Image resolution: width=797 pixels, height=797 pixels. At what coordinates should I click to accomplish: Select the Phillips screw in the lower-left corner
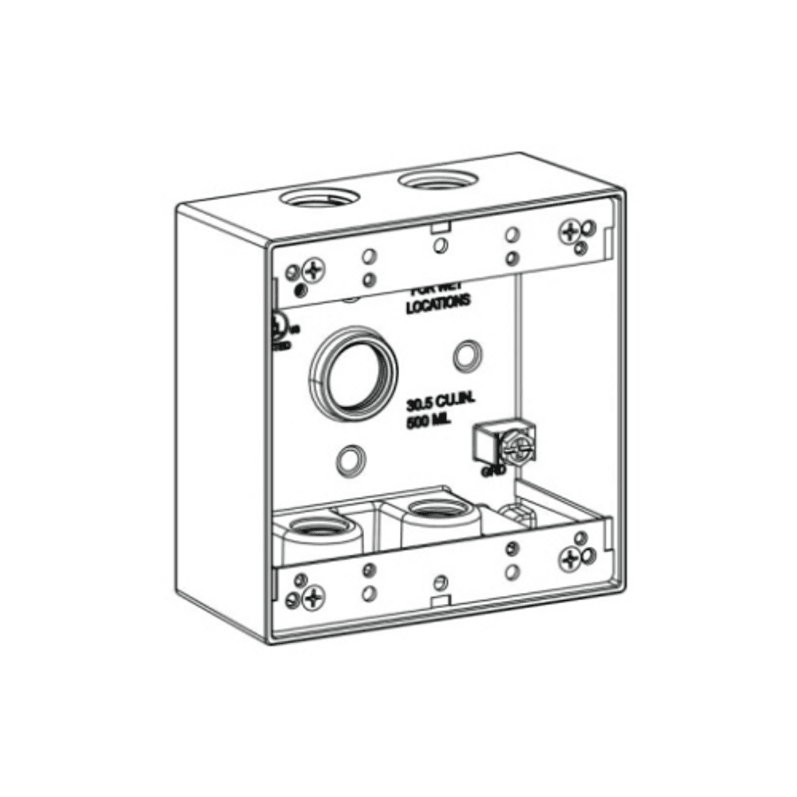pyautogui.click(x=314, y=598)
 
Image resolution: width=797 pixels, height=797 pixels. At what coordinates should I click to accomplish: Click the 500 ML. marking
pyautogui.click(x=430, y=422)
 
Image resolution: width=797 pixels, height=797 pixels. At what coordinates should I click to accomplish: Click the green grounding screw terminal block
pyautogui.click(x=504, y=444)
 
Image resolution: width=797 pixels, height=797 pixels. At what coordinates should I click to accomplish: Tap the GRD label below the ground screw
pyautogui.click(x=489, y=472)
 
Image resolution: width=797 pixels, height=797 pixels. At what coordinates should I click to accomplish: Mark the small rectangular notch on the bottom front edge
pyautogui.click(x=441, y=600)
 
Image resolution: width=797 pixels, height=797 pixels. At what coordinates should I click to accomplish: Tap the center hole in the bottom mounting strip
pyautogui.click(x=441, y=582)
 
